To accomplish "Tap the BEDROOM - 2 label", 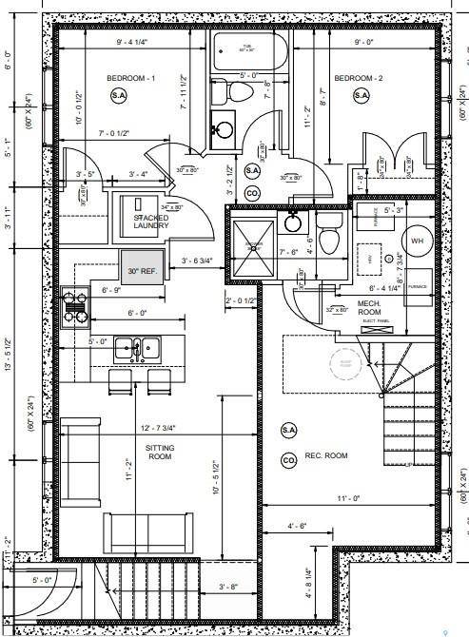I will click(x=358, y=76).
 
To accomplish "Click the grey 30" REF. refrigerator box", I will click(x=141, y=271).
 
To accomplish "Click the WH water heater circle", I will click(x=417, y=241).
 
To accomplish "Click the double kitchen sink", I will click(x=135, y=349).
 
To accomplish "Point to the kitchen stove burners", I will click(x=74, y=306).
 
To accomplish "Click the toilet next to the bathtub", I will click(x=238, y=92).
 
